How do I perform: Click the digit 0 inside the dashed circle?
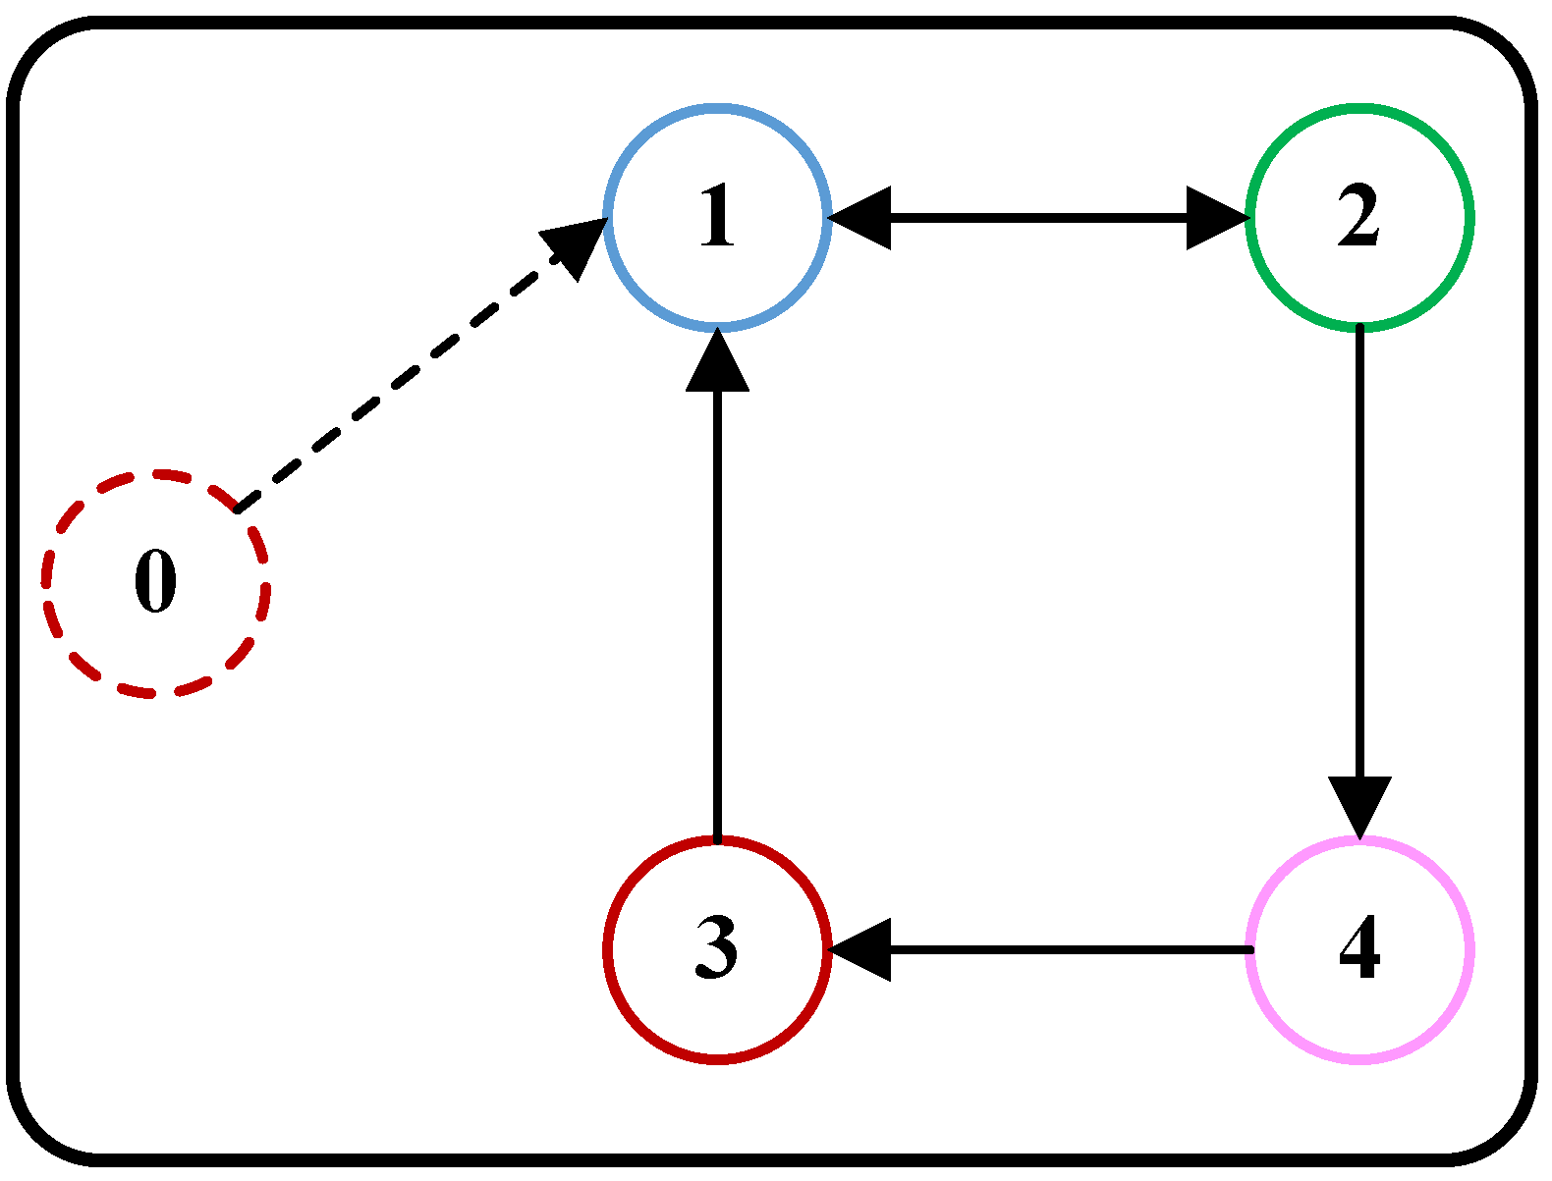[155, 582]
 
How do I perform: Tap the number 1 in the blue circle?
[717, 216]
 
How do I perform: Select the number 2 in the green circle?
[1359, 216]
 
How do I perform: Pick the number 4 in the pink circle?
[1359, 948]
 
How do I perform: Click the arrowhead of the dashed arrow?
[577, 245]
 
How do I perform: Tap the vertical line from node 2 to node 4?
[1360, 550]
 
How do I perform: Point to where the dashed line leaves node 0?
[239, 509]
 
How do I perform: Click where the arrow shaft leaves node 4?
[1249, 949]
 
